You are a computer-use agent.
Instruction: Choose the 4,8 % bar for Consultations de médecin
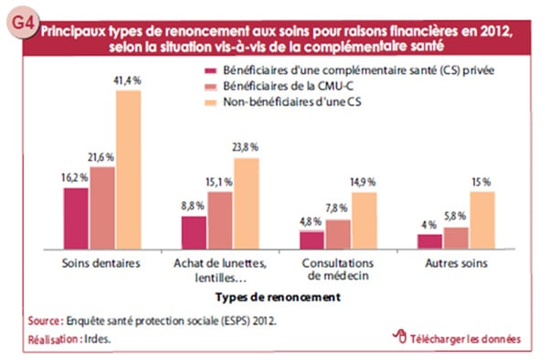[312, 239]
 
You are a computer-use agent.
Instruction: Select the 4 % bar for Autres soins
[430, 240]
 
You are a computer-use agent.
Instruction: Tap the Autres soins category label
[456, 264]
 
